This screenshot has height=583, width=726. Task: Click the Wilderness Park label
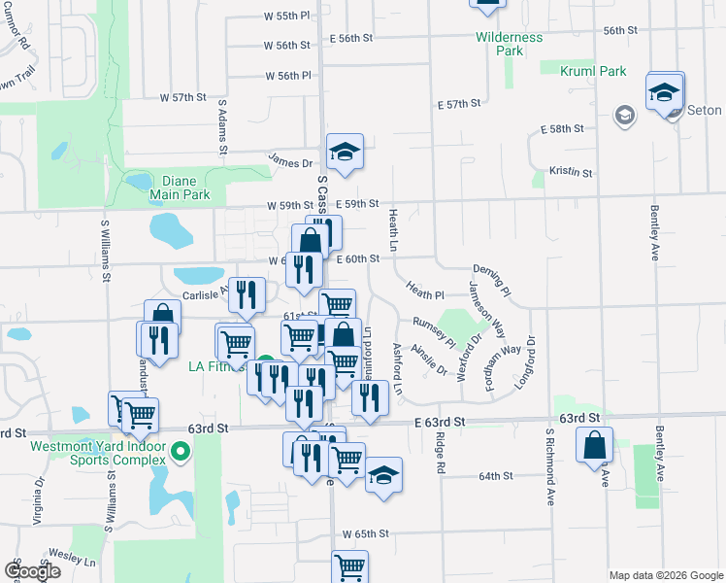[510, 43]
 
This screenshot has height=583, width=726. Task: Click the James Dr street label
[291, 163]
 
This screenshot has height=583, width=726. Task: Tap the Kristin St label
[571, 171]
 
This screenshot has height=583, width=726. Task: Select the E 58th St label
[563, 128]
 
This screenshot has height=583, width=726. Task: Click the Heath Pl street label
[425, 292]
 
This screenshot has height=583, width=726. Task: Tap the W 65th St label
[365, 534]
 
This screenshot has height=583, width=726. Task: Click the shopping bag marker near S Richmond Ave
[594, 447]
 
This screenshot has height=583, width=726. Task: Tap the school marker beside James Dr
[344, 152]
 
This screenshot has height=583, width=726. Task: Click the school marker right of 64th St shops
[383, 475]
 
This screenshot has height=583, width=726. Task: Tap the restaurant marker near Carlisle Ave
[247, 295]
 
